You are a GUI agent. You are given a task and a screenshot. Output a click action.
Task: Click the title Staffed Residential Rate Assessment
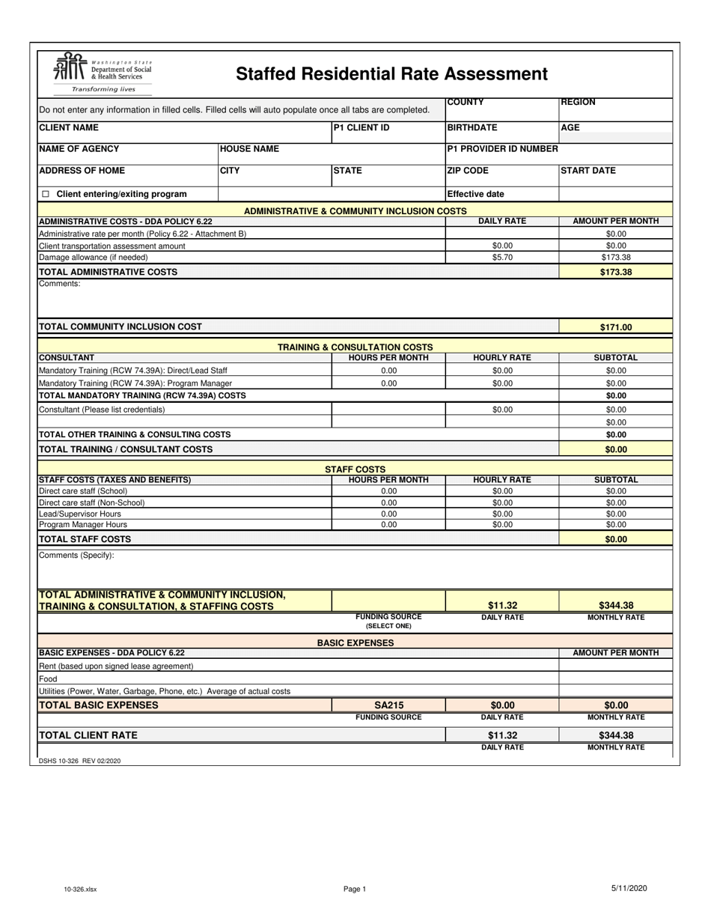(x=391, y=74)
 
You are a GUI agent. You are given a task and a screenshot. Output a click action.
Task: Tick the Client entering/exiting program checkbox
(x=46, y=194)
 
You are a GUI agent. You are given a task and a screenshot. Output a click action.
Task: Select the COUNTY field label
(x=466, y=103)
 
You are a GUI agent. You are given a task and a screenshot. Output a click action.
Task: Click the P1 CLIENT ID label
(x=361, y=128)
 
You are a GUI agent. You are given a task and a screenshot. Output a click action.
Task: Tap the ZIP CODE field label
(x=468, y=171)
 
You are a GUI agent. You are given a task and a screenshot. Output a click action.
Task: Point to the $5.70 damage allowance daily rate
(x=502, y=257)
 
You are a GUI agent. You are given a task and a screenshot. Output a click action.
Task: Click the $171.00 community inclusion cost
(x=616, y=327)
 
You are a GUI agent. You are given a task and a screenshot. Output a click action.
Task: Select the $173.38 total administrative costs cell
(x=616, y=272)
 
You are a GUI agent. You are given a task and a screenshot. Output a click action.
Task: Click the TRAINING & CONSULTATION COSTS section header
(x=355, y=347)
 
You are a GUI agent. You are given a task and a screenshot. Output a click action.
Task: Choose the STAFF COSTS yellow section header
(x=355, y=469)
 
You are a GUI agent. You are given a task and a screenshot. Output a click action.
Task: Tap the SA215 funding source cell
(x=388, y=705)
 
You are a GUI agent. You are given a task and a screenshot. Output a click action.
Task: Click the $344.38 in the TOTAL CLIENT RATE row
(x=616, y=735)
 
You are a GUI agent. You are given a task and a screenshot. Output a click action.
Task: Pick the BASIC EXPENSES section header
(x=355, y=642)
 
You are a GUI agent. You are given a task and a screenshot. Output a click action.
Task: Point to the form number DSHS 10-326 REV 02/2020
(x=79, y=761)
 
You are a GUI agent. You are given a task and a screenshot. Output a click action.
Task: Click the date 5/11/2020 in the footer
(x=629, y=888)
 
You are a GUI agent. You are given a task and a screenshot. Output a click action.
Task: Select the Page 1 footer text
(x=355, y=889)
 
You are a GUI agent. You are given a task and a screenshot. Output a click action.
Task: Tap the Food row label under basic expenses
(x=47, y=678)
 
